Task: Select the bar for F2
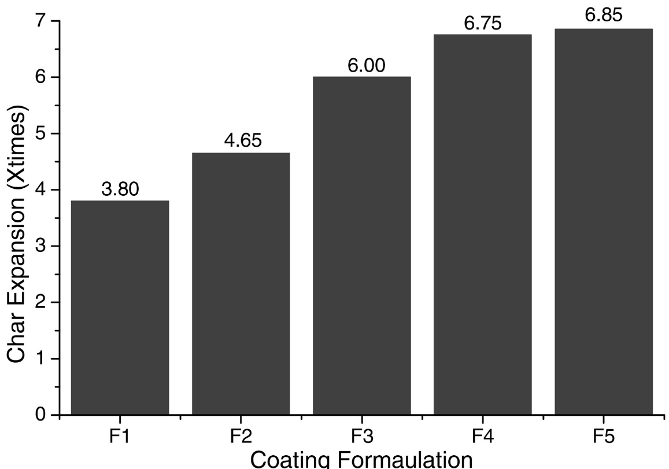241,284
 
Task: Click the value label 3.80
120,189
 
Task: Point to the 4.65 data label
241,142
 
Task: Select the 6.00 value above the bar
361,66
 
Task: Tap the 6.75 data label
482,24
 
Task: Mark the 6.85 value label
603,16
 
